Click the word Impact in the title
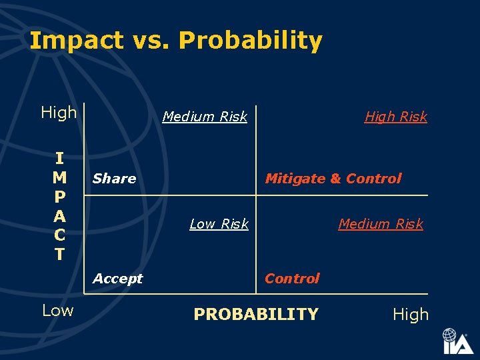(x=75, y=41)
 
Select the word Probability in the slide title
(x=251, y=41)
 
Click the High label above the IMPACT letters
(x=59, y=113)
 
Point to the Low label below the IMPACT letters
(x=58, y=310)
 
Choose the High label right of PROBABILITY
(x=411, y=315)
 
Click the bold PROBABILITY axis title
(x=256, y=314)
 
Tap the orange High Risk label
(x=395, y=117)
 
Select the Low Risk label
(x=219, y=224)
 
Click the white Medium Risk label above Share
(x=205, y=117)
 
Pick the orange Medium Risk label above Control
(x=381, y=224)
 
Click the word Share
(x=114, y=179)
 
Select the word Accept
(x=117, y=279)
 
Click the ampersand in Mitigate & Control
(x=335, y=179)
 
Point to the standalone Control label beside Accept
(x=292, y=279)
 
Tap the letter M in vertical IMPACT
(x=59, y=177)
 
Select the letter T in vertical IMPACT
(x=59, y=254)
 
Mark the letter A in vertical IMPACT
(x=59, y=216)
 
